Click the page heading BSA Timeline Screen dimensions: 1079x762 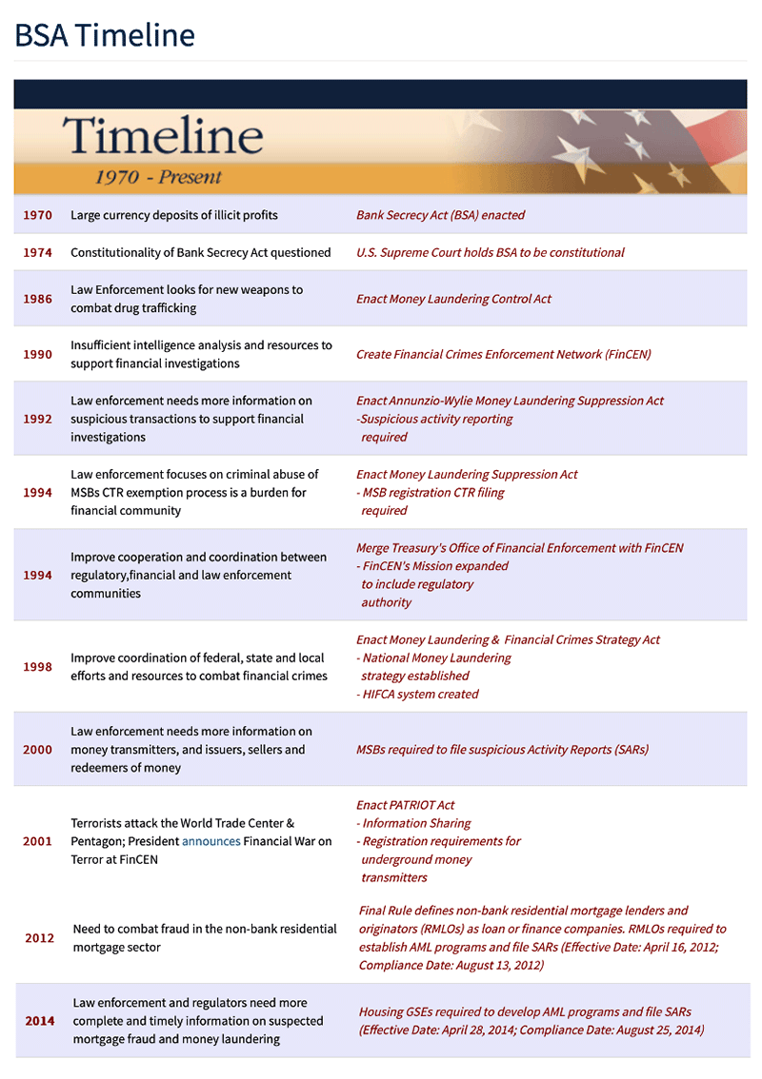105,35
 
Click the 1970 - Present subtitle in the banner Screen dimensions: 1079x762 158,177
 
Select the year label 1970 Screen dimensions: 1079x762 38,215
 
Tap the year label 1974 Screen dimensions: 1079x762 38,252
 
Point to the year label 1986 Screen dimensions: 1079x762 38,299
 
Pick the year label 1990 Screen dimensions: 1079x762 38,354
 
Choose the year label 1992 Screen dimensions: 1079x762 38,419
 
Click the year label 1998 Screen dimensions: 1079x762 38,667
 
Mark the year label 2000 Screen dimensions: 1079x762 38,750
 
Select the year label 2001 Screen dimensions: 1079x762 38,841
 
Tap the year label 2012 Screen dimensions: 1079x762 40,938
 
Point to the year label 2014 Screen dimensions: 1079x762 40,1021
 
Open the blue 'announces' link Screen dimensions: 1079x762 211,841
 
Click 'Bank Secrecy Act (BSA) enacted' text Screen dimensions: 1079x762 440,215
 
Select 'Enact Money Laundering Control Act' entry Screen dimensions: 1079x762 453,299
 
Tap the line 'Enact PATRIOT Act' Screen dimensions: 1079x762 405,805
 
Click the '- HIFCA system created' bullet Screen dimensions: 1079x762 417,694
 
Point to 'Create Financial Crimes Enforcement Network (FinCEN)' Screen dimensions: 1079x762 503,354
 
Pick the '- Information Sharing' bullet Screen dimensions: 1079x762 413,823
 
